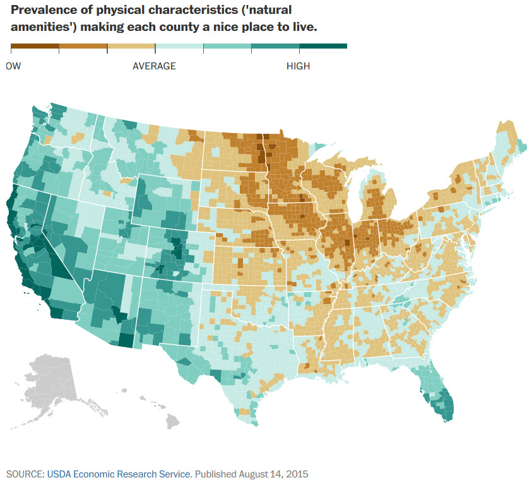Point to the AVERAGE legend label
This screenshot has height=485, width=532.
pyautogui.click(x=154, y=66)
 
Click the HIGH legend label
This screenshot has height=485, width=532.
pyautogui.click(x=298, y=66)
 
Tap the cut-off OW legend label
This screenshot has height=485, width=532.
pyautogui.click(x=13, y=66)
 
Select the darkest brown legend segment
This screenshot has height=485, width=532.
pyautogui.click(x=35, y=47)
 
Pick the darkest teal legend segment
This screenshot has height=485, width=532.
pyautogui.click(x=322, y=47)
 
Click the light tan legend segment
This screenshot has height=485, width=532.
pyautogui.click(x=131, y=47)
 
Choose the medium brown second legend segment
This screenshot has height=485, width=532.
pyautogui.click(x=83, y=47)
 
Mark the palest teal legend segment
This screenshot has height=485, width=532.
pyautogui.click(x=179, y=47)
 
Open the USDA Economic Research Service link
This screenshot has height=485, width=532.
pyautogui.click(x=119, y=473)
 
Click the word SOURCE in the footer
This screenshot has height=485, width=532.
pyautogui.click(x=25, y=473)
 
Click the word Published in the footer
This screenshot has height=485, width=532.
pyautogui.click(x=215, y=473)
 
